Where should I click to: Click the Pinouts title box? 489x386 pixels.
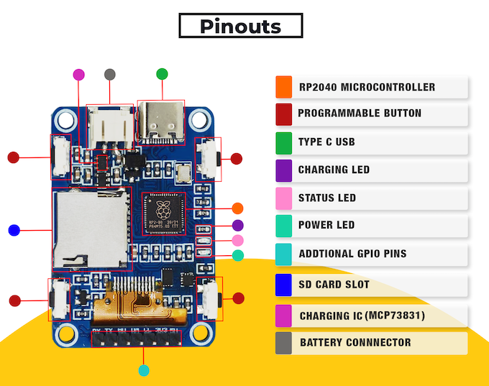[x=240, y=27]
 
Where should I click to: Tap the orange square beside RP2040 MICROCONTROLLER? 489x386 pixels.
[x=283, y=87]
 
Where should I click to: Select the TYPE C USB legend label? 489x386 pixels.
[x=326, y=142]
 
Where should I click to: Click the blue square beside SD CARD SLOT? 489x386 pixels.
[x=283, y=285]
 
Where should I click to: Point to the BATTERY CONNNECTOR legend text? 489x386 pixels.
[x=355, y=342]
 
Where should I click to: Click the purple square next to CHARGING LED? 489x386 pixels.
[x=283, y=170]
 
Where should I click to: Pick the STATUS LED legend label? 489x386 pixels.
[x=326, y=198]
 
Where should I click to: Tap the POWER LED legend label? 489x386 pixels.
[x=326, y=225]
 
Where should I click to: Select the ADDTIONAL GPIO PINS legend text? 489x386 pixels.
[x=352, y=254]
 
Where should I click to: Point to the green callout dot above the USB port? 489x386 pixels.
[x=163, y=73]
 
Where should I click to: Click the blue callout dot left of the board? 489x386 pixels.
[x=13, y=230]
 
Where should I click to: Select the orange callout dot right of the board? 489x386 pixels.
[x=238, y=208]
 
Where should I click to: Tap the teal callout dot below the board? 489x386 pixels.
[x=144, y=371]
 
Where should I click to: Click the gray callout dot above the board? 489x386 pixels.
[x=109, y=74]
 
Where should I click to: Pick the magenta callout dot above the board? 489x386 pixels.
[x=79, y=74]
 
